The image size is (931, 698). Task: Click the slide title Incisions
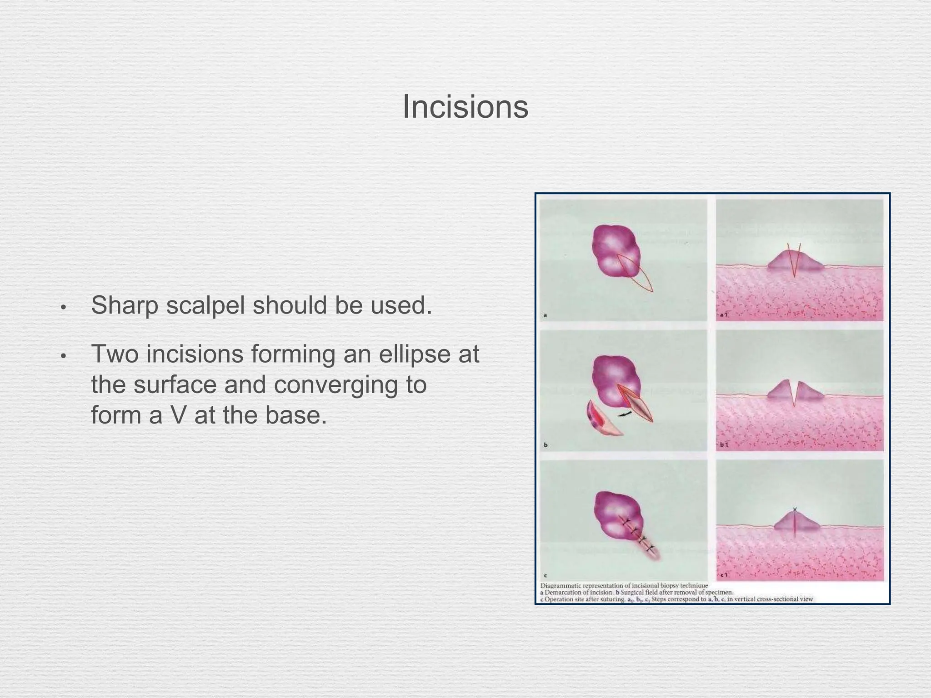[x=465, y=107]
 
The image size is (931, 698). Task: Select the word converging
[x=350, y=385]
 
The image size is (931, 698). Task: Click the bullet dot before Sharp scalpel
[x=63, y=308]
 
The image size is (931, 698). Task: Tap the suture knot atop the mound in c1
[x=794, y=510]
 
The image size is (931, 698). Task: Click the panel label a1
[x=724, y=314]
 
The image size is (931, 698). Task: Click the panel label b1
[x=724, y=444]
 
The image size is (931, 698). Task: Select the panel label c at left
[x=546, y=575]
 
